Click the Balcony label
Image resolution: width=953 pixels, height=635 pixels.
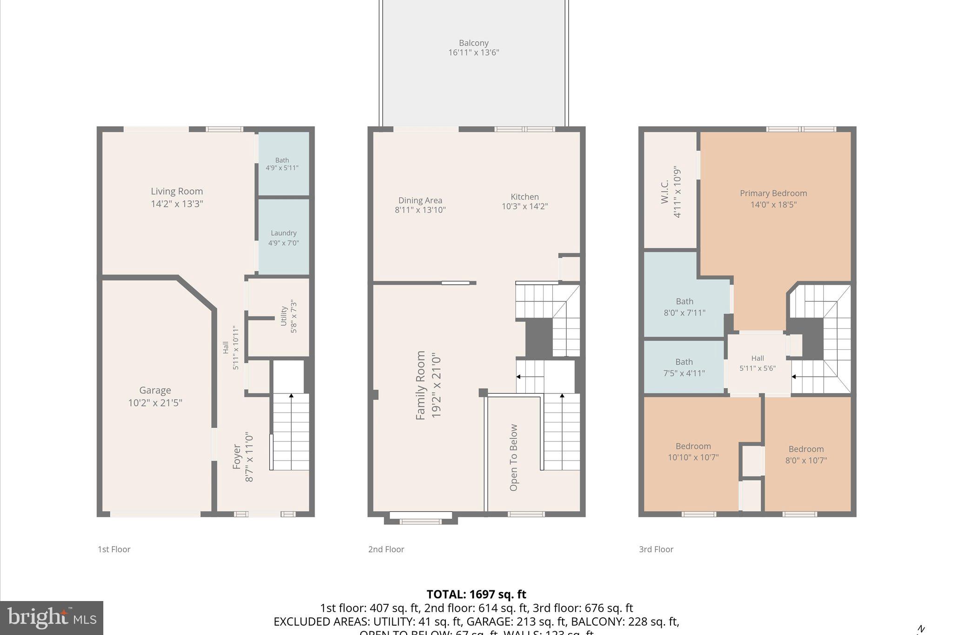[x=473, y=43]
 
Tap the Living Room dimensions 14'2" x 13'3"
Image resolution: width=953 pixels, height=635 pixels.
[x=177, y=204]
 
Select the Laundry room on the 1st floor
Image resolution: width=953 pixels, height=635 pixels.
[x=283, y=237]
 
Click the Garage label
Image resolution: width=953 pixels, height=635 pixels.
[x=155, y=390]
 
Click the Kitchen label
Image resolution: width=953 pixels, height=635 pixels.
[x=524, y=197]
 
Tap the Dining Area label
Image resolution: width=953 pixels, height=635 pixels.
[x=420, y=201]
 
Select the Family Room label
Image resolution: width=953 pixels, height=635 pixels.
[x=421, y=385]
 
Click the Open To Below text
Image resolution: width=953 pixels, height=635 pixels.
[x=514, y=457]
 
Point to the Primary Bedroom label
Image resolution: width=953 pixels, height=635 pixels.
[x=773, y=193]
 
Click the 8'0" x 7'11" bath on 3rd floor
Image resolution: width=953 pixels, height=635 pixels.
[x=684, y=307]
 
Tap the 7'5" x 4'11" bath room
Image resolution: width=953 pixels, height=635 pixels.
[x=684, y=368]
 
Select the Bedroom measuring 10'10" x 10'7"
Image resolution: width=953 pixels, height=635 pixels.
[x=693, y=452]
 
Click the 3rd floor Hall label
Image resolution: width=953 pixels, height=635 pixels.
[x=757, y=358]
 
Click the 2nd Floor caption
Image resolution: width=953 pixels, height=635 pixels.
[x=386, y=549]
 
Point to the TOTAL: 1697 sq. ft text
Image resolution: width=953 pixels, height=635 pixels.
[x=476, y=594]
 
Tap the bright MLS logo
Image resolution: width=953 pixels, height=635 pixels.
[x=52, y=618]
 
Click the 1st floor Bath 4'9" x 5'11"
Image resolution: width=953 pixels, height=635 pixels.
[x=282, y=164]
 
